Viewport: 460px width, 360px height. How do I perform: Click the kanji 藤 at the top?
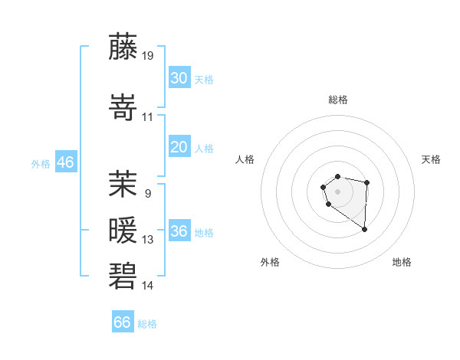click(x=123, y=47)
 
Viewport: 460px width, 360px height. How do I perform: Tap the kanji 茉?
click(x=123, y=183)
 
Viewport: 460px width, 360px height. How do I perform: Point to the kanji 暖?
click(x=123, y=229)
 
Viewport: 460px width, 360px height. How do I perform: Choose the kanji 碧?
click(x=123, y=275)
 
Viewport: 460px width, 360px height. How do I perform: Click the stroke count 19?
click(x=148, y=56)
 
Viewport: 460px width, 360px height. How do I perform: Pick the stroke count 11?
click(x=148, y=117)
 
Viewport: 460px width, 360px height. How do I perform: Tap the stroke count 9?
click(x=147, y=194)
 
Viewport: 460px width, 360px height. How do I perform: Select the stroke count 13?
click(x=148, y=240)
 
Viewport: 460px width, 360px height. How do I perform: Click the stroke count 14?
click(x=148, y=286)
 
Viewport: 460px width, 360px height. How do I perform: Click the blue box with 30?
click(x=179, y=78)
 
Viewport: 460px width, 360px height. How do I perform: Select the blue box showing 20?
click(x=179, y=147)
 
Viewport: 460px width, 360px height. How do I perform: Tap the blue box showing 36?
click(x=179, y=231)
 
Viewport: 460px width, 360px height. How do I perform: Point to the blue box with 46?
click(x=65, y=162)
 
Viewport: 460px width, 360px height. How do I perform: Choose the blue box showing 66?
click(x=122, y=322)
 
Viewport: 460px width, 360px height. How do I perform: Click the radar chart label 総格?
click(x=337, y=100)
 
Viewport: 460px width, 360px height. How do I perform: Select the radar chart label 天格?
click(x=432, y=159)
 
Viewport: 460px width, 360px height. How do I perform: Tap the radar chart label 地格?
click(x=402, y=262)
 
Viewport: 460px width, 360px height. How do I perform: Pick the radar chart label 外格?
click(x=270, y=262)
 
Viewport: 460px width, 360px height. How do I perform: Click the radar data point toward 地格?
click(x=364, y=229)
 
